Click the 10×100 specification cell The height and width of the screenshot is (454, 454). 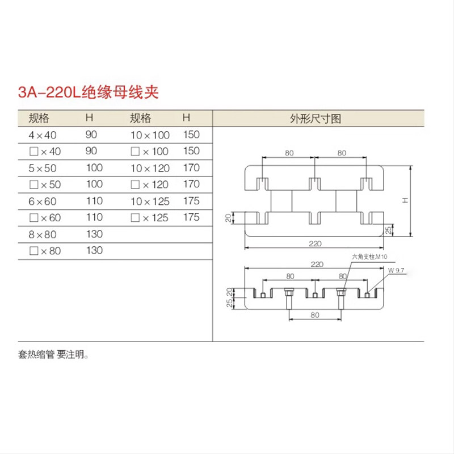point(150,135)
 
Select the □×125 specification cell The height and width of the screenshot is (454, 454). point(150,217)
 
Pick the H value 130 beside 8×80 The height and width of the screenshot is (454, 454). point(94,234)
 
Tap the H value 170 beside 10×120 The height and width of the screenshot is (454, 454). point(191,168)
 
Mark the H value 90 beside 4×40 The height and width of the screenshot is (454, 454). point(92,135)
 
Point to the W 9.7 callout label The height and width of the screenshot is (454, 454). point(396,271)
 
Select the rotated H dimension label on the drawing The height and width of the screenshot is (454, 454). point(403,201)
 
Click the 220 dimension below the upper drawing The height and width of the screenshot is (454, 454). point(316,243)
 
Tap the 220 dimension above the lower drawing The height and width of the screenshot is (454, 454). point(316,264)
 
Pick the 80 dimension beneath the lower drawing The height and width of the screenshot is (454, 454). point(316,314)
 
